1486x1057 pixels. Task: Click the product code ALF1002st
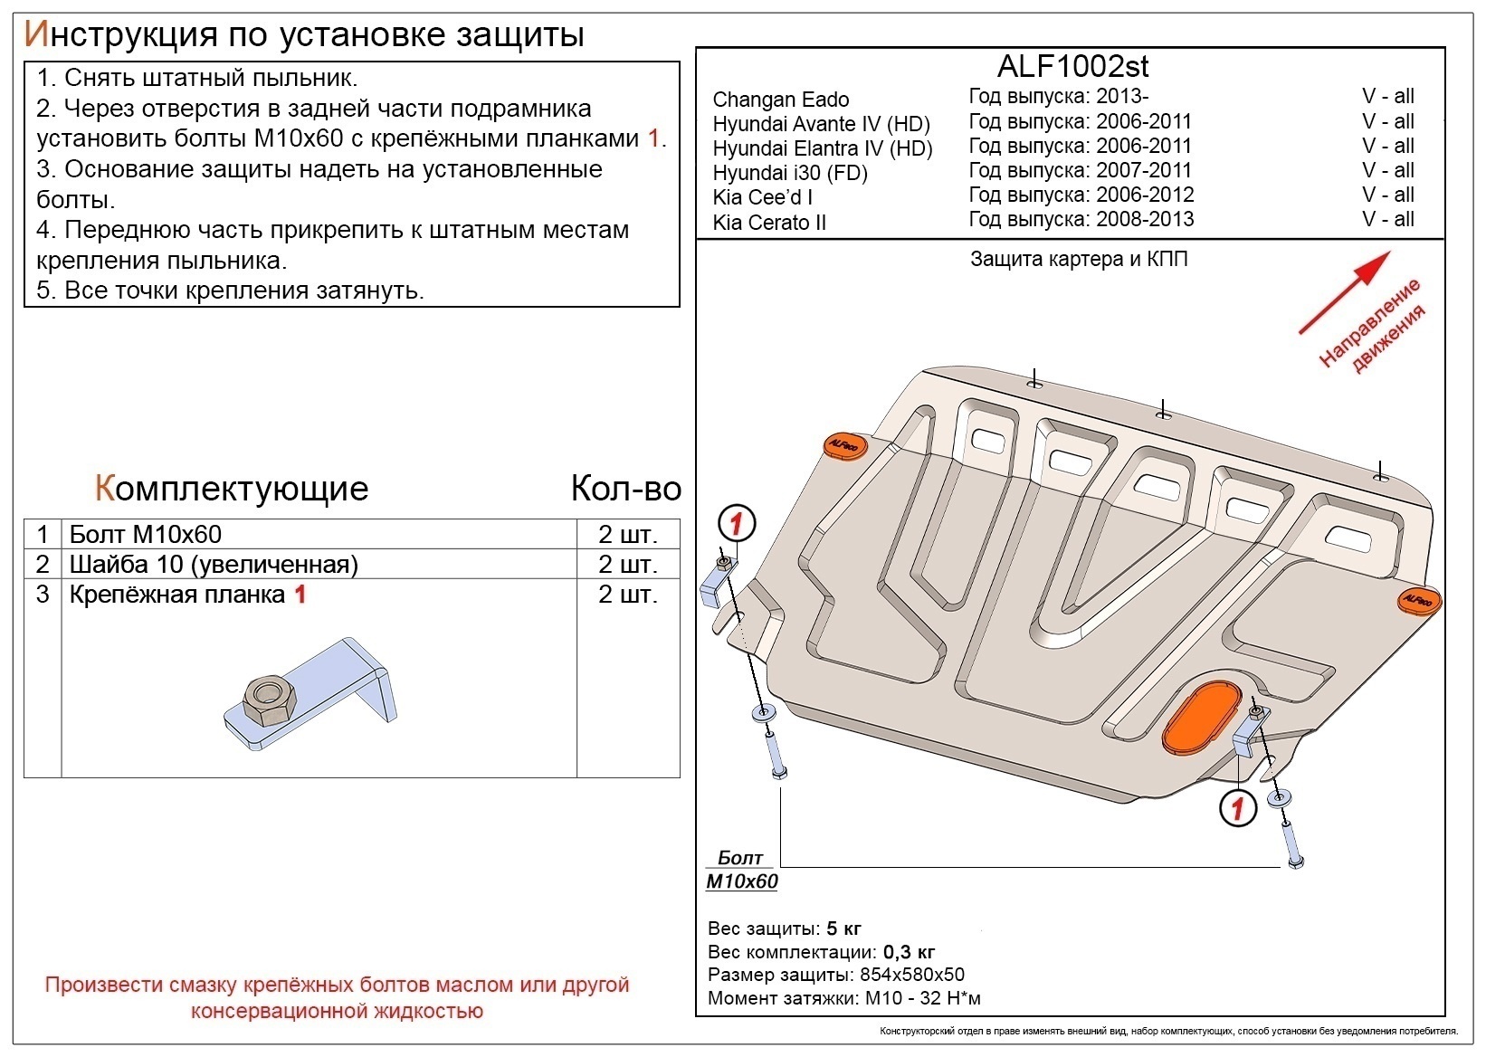[x=1072, y=66]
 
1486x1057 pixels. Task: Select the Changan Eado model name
[x=780, y=100]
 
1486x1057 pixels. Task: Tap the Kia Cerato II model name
[x=768, y=223]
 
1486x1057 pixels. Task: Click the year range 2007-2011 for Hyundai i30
[x=1144, y=171]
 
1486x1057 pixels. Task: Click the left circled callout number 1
[x=736, y=523]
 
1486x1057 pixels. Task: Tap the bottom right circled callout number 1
[x=1237, y=806]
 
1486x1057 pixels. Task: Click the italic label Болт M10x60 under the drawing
[x=741, y=870]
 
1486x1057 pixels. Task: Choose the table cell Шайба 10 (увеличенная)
[x=214, y=565]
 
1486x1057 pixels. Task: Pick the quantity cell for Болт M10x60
[x=627, y=534]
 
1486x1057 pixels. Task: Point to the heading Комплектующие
[x=232, y=489]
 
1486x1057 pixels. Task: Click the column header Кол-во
[x=625, y=489]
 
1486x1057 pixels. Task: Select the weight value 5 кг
[x=843, y=928]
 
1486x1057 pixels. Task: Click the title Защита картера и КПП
[x=1078, y=260]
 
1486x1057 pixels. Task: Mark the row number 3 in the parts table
[x=43, y=595]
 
